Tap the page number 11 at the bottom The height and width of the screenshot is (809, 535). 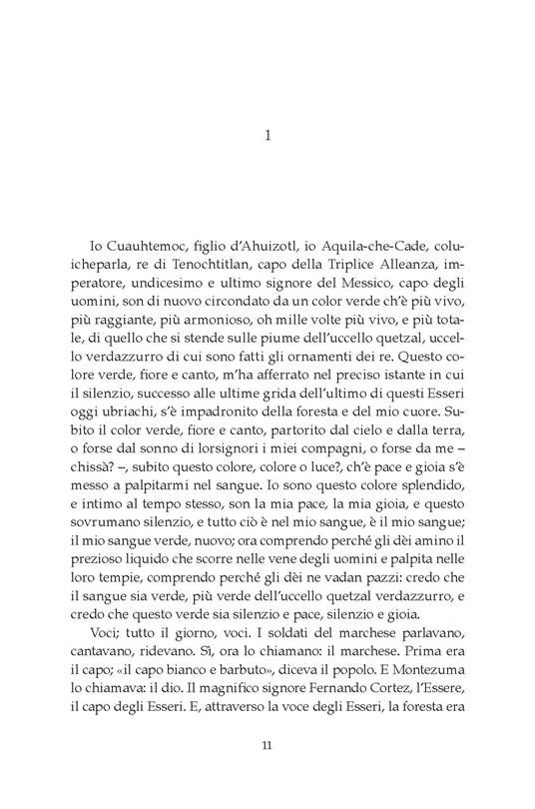coord(267,772)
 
